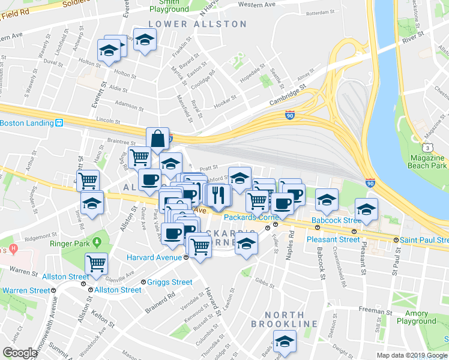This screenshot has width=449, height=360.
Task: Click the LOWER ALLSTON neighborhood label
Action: pyautogui.click(x=197, y=24)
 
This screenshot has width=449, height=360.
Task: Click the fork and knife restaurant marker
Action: pyautogui.click(x=217, y=194)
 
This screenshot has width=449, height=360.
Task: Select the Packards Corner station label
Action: pyautogui.click(x=249, y=217)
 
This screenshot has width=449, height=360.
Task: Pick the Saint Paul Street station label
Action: pyautogui.click(x=424, y=240)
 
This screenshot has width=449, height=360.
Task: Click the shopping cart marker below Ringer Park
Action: pyautogui.click(x=96, y=263)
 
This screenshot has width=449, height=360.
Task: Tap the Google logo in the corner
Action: pyautogui.click(x=20, y=353)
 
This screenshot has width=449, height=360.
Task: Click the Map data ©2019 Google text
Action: pyautogui.click(x=412, y=355)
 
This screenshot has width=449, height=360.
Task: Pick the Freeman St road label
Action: pyautogui.click(x=375, y=310)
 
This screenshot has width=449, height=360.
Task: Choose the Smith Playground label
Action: pyautogui.click(x=169, y=6)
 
